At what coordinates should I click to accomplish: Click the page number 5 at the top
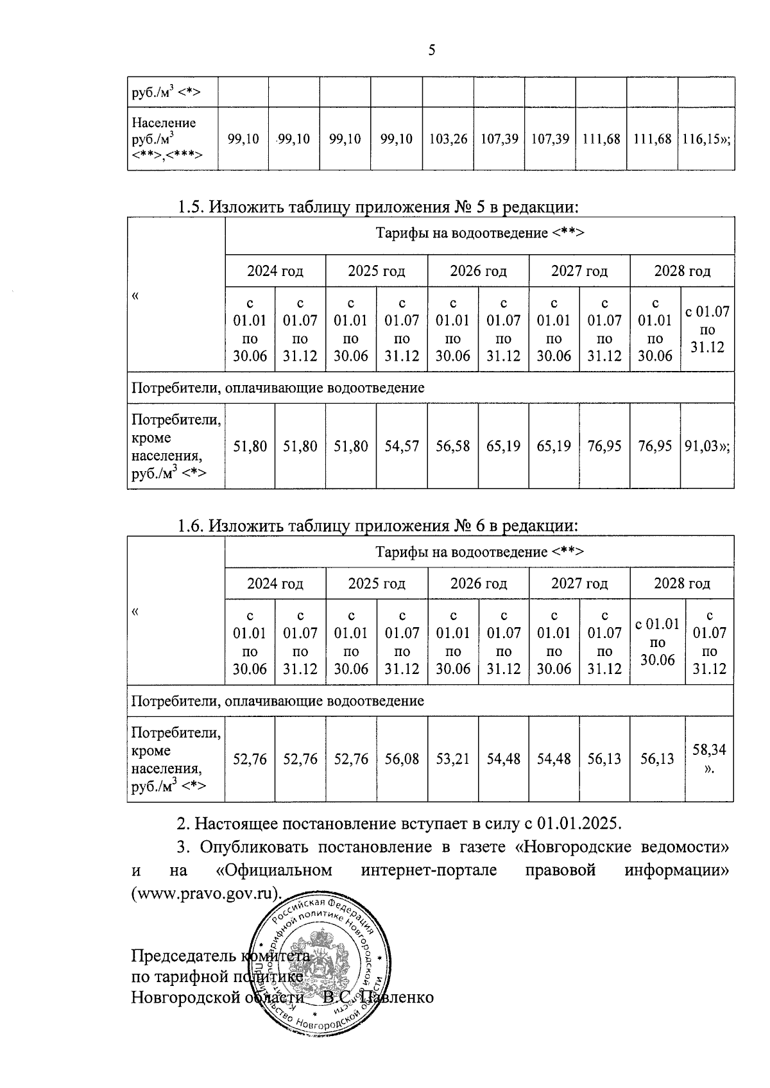431,50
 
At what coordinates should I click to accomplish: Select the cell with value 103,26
448,139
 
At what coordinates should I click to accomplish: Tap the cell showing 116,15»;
706,139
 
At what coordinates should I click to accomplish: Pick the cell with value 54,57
402,445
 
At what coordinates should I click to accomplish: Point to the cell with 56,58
452,445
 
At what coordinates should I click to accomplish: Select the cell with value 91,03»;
706,445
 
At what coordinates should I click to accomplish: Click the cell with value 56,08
402,759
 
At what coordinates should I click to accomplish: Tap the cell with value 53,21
452,759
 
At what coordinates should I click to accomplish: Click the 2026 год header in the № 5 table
478,271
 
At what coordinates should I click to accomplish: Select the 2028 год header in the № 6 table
681,583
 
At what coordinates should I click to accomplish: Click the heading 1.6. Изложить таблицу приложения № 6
379,526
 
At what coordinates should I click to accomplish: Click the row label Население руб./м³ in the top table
164,139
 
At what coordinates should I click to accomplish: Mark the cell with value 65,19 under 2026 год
503,445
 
